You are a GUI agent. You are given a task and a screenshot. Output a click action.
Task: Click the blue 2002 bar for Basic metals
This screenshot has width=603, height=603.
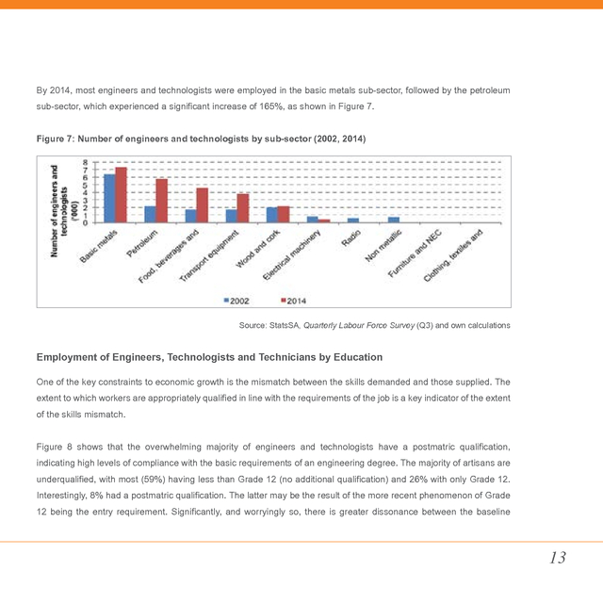109,198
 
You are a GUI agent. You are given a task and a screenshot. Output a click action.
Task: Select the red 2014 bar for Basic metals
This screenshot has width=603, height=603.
121,195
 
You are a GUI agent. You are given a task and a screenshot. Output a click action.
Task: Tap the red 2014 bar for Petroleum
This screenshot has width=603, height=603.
161,201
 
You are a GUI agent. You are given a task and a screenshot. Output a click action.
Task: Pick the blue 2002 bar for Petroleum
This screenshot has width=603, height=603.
150,214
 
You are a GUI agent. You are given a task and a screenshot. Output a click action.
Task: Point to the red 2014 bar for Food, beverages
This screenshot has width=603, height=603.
202,205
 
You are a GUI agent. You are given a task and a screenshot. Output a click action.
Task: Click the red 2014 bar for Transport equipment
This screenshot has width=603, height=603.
242,208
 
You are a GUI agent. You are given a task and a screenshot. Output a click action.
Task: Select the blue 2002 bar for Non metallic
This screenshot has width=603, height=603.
393,220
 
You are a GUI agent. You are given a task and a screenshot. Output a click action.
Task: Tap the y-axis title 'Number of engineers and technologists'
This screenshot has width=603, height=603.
59,209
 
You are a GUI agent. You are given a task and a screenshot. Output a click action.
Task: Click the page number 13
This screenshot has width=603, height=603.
558,558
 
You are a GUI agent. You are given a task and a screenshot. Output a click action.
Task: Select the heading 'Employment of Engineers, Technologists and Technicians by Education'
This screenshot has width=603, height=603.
209,357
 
